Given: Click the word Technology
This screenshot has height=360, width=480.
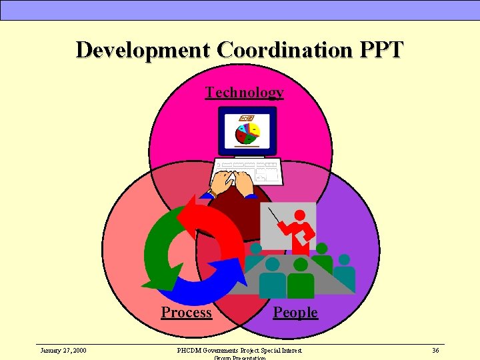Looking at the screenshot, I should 244,92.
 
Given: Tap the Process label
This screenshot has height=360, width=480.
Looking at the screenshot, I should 186,312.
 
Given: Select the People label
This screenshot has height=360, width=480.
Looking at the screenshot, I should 295,312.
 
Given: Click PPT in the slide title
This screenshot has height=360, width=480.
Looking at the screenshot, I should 381,50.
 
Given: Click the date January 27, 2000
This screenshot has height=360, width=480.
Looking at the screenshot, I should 63,350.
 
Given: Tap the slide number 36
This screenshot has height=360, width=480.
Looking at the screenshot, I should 435,350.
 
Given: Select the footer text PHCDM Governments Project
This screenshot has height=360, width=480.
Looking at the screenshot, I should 239,350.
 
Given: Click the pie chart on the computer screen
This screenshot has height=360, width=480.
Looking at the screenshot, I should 247,131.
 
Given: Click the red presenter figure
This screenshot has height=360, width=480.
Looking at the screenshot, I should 298,230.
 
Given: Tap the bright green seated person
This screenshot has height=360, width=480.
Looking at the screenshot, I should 300,280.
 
